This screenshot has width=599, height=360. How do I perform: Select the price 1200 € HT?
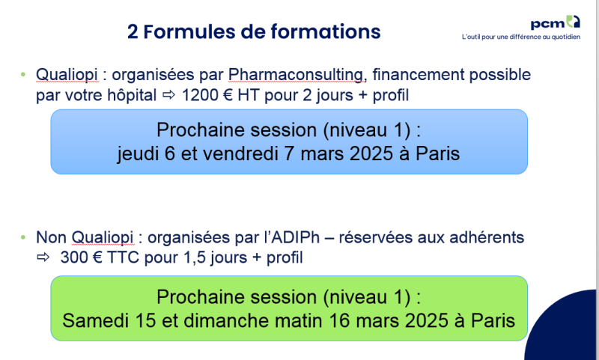click(x=217, y=96)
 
